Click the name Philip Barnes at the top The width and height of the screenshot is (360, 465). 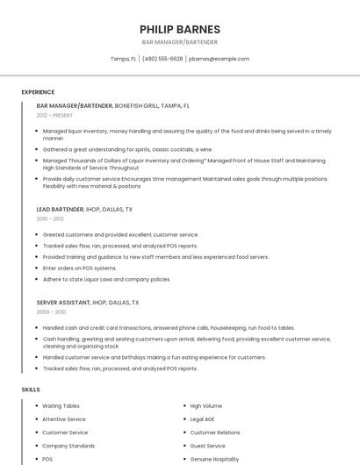coord(179,29)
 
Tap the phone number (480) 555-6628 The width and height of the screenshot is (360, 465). coord(162,59)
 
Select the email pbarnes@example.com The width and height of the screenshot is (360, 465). coord(219,59)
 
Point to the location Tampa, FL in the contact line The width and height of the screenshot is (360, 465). coord(123,59)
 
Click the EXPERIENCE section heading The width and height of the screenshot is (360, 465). coord(38,92)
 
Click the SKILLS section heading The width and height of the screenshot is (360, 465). coord(31,389)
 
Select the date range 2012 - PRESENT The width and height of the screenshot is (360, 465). coord(55,115)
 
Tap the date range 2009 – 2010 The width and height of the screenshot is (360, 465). coord(51,311)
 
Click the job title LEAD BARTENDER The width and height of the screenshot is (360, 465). coord(60,210)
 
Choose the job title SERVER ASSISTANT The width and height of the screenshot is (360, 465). coord(63,302)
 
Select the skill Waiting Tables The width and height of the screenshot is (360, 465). coord(61,406)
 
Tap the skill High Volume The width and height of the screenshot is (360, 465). coord(205,406)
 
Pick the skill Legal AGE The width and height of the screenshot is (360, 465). coord(202,419)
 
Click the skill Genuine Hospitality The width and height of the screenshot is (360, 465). coord(214,459)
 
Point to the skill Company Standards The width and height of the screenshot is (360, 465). coord(68,446)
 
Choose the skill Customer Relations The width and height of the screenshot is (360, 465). coord(215,433)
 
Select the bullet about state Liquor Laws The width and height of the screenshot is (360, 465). coord(106,279)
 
